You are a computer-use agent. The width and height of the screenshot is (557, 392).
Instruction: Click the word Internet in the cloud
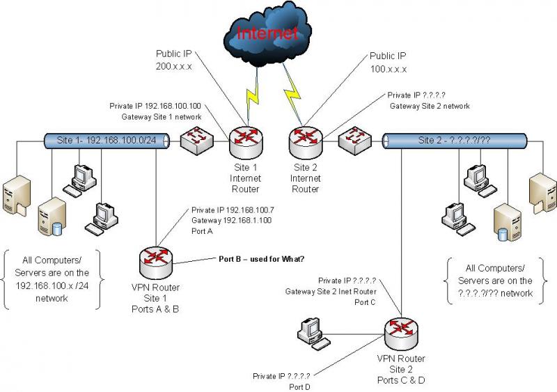(x=267, y=33)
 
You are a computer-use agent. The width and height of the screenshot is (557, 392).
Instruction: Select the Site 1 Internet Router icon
(x=245, y=142)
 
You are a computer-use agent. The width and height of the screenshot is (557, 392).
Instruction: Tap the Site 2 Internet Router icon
(x=304, y=142)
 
